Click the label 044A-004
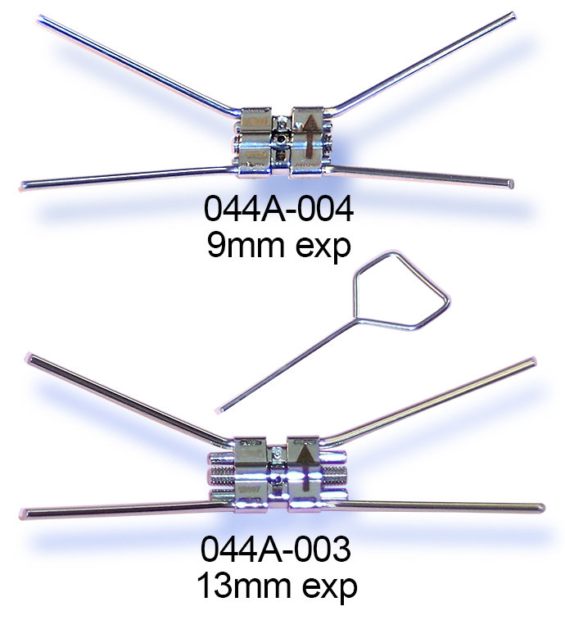(x=278, y=209)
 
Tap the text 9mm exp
(x=278, y=245)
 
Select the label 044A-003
(x=275, y=550)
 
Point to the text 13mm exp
(x=277, y=586)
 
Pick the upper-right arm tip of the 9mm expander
(x=512, y=16)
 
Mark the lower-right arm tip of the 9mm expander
(x=510, y=183)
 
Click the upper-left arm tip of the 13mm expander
(x=30, y=356)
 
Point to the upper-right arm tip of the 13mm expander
(x=532, y=360)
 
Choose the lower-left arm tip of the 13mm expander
(x=23, y=514)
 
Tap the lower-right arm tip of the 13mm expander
(x=541, y=509)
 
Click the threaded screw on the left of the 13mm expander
(x=222, y=476)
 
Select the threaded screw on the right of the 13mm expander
(x=333, y=474)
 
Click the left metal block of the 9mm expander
(x=255, y=142)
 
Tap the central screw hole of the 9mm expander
(x=282, y=140)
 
